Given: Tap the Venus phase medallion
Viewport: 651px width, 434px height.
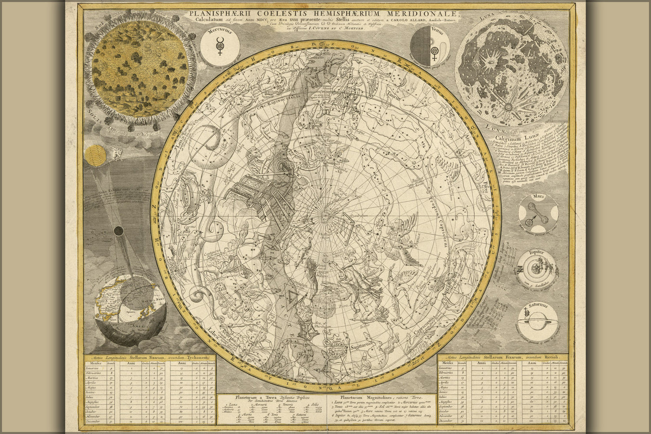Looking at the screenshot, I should [430, 47].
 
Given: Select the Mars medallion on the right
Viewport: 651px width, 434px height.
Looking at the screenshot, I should [538, 213].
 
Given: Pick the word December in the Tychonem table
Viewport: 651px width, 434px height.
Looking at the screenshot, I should [94, 421].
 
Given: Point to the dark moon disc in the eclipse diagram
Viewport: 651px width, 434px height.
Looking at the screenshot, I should [118, 231].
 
